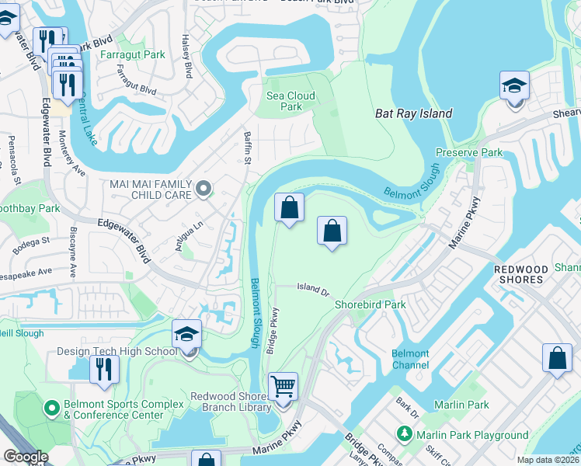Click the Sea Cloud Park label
point(290,101)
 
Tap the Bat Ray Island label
point(413,113)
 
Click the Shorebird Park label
point(370,304)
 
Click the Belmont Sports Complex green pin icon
point(52,406)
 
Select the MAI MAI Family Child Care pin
point(204,187)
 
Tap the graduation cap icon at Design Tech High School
point(186,334)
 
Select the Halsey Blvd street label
point(186,55)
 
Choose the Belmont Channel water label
point(410,359)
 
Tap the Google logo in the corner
point(26,457)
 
